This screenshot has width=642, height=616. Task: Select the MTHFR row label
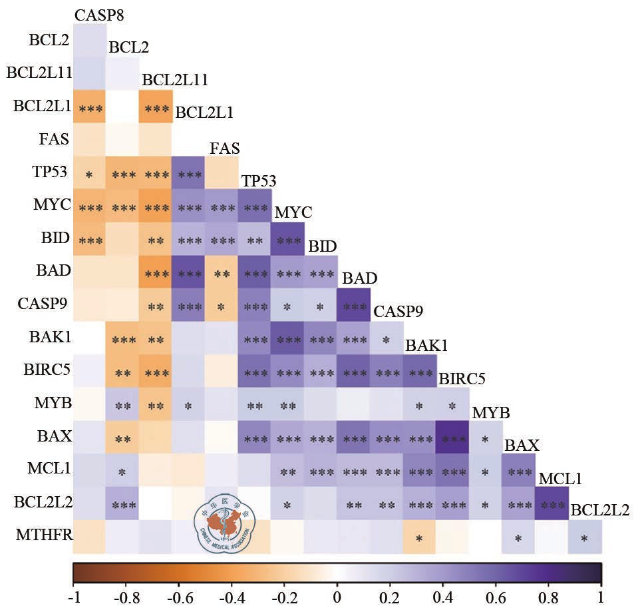[x=45, y=536]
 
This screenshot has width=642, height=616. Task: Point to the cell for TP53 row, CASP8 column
[x=89, y=174]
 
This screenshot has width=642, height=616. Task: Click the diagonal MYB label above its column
[x=491, y=412]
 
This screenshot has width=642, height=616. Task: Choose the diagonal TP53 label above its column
[x=259, y=181]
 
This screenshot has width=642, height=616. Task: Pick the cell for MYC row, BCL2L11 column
[x=156, y=206]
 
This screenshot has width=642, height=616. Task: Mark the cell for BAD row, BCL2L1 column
[x=189, y=272]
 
